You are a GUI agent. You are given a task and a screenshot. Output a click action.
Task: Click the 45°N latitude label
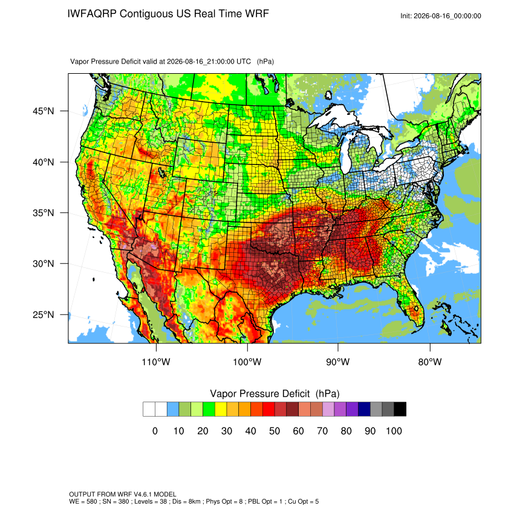[x=43, y=111]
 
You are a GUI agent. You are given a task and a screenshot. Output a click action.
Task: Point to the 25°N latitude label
[x=43, y=314]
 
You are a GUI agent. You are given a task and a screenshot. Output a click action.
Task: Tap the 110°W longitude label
[x=156, y=362]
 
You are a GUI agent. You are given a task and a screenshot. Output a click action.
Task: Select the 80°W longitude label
[x=430, y=362]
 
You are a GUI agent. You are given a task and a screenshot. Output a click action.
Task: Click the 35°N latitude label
[x=43, y=213]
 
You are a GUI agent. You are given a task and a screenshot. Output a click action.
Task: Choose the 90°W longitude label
[x=337, y=362]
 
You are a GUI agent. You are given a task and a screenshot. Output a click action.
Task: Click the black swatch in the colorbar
[x=400, y=409]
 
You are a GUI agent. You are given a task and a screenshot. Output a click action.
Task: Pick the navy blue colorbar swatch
[x=364, y=409]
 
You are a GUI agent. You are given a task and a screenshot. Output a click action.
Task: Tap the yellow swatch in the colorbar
[x=221, y=409]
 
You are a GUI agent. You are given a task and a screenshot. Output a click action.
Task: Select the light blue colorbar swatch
[x=173, y=409]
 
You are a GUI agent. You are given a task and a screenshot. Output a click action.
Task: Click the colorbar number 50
[x=275, y=431]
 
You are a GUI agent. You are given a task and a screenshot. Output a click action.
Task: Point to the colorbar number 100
[x=394, y=431]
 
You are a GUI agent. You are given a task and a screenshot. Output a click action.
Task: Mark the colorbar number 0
[x=155, y=431]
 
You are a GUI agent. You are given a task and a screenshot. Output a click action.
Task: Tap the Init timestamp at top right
[x=441, y=16]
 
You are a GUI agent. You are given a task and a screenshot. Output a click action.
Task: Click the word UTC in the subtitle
[x=244, y=61]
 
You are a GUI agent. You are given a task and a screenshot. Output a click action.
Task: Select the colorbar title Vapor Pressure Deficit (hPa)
[x=275, y=394]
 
